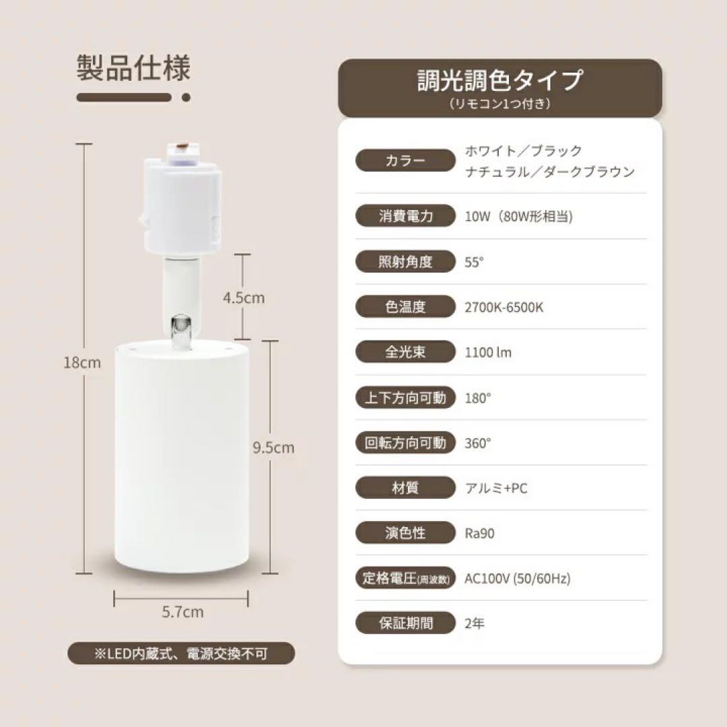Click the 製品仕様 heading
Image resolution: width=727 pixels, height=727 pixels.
133,69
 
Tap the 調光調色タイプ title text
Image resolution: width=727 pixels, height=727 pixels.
499,81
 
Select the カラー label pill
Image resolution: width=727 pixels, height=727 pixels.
405,161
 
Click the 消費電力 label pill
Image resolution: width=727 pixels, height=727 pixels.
405,217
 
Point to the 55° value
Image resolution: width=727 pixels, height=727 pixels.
475,262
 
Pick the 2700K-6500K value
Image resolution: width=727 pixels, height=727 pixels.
504,308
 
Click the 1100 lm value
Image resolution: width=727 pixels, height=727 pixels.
488,352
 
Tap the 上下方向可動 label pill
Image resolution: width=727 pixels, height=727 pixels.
405,398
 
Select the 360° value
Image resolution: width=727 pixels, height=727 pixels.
478,443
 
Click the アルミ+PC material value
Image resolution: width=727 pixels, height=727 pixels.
496,488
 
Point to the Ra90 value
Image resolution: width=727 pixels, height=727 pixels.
479,533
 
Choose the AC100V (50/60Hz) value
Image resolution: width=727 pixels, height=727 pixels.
518,578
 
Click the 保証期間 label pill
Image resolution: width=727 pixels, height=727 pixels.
405,623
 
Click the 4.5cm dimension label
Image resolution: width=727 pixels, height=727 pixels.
244,298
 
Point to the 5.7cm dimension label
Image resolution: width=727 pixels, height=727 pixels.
182,613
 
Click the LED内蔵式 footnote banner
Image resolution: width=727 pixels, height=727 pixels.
182,653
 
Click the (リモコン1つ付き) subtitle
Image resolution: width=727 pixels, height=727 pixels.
499,104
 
